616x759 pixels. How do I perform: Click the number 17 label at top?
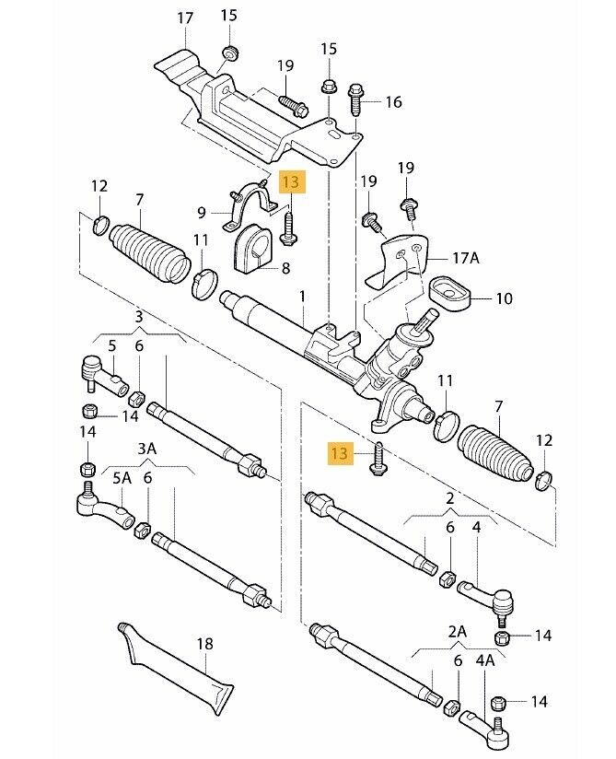[x=185, y=18]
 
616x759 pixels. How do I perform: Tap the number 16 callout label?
[x=393, y=102]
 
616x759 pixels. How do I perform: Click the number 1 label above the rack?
[x=301, y=296]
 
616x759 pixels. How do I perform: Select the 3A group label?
[x=146, y=449]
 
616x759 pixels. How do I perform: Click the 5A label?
[x=122, y=478]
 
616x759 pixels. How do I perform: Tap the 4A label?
[x=484, y=660]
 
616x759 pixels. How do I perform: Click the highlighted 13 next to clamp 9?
[x=290, y=181]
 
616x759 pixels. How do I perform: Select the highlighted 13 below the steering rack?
[x=341, y=452]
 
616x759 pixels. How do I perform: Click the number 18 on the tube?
[x=204, y=644]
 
